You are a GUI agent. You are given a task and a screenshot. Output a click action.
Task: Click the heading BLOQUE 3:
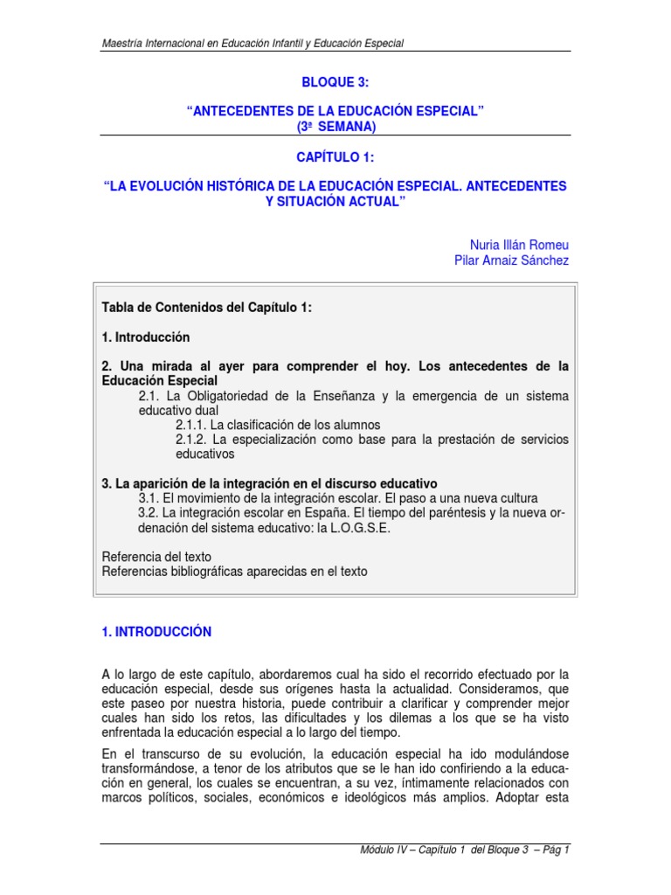(335, 82)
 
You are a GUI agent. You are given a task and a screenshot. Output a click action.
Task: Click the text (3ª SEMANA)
(335, 126)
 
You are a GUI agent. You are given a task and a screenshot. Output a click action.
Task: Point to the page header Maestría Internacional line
(252, 44)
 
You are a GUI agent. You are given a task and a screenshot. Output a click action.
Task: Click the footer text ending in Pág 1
(464, 850)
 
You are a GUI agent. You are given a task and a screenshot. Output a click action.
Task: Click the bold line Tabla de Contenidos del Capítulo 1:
(206, 308)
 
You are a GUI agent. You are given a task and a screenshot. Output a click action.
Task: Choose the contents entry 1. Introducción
(146, 336)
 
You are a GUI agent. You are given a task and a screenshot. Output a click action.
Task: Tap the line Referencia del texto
(156, 557)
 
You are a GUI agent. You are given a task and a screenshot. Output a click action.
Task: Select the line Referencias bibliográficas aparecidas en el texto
(235, 572)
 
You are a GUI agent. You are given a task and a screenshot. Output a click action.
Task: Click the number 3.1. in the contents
(150, 498)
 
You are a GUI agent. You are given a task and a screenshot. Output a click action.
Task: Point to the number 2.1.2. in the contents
(192, 439)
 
